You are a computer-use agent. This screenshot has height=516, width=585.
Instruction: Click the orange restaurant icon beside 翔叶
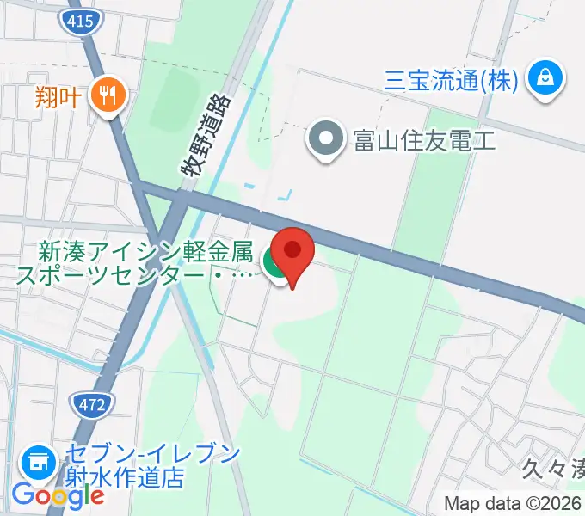[108, 95]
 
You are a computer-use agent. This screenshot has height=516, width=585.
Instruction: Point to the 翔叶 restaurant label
[58, 95]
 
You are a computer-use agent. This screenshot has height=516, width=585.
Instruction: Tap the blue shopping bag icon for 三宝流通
[545, 81]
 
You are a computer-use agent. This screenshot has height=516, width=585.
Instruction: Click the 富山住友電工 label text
[424, 140]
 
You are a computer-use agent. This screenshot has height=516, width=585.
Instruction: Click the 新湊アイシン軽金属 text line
[145, 254]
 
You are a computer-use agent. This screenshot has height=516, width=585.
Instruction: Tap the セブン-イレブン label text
[151, 454]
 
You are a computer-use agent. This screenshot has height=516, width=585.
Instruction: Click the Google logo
[57, 494]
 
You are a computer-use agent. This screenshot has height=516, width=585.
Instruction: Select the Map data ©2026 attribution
[513, 503]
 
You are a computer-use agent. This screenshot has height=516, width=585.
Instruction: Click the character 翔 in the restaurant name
[46, 95]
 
